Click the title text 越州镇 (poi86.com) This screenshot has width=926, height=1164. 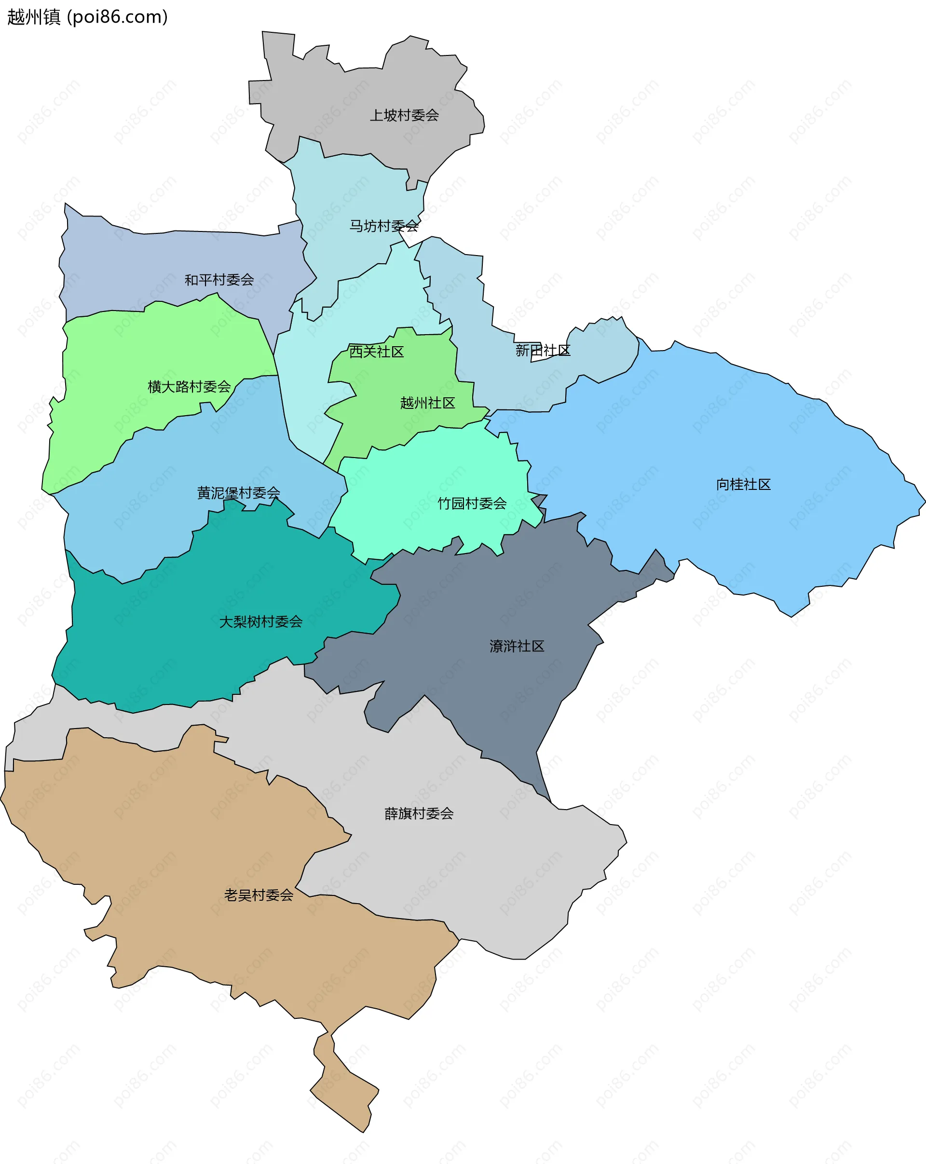(x=87, y=17)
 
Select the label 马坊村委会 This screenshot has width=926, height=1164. (x=383, y=226)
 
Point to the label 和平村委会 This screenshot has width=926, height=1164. (x=219, y=280)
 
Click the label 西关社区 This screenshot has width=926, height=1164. (x=376, y=352)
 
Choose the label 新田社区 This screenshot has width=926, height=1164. (x=543, y=351)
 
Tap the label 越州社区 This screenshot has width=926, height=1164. (x=427, y=403)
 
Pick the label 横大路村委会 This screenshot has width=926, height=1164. (x=189, y=387)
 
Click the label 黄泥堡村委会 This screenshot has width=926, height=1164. (x=238, y=492)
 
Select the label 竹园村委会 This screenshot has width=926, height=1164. (x=472, y=503)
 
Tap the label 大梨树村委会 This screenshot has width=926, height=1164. (x=261, y=622)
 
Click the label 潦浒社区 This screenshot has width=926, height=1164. (x=517, y=646)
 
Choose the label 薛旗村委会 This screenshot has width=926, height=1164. (x=419, y=813)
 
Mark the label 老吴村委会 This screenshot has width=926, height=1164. (x=259, y=895)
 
